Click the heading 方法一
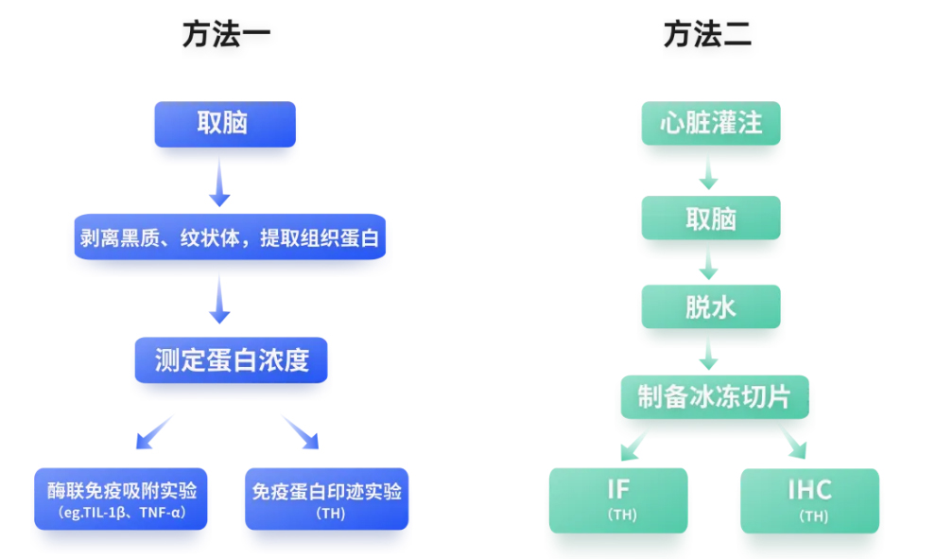coord(227,35)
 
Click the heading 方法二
coord(707,35)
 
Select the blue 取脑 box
coord(225,124)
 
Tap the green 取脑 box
coord(711,218)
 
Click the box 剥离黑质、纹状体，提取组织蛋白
coord(230,237)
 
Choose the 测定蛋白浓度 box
coord(232,360)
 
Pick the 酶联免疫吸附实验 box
coord(122,498)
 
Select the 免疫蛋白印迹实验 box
coord(327,498)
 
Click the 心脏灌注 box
coord(711,123)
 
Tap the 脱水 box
coord(711,307)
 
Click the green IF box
coord(618,499)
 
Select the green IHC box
coord(809,499)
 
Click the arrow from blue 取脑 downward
coord(219,182)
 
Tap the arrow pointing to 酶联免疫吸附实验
coord(154,431)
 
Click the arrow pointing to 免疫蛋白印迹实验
coord(301,431)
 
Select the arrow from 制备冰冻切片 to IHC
coord(792,442)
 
